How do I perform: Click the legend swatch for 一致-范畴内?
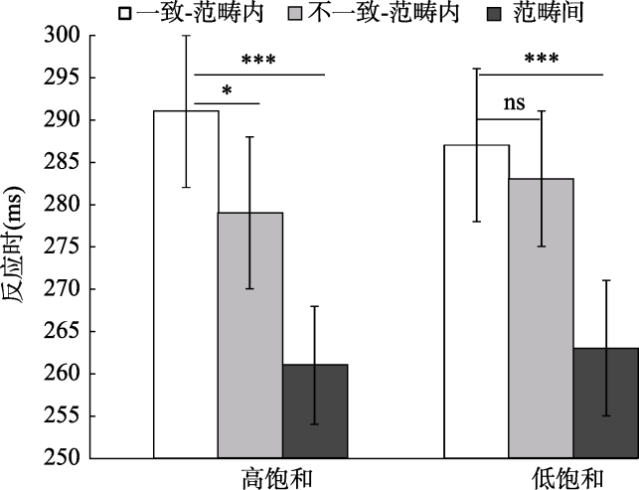pyautogui.click(x=125, y=14)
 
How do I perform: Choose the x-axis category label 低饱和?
pyautogui.click(x=564, y=477)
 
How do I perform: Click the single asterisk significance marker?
pyautogui.click(x=227, y=92)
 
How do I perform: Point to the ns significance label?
pyautogui.click(x=514, y=102)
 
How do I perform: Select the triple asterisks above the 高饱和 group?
pyautogui.click(x=256, y=60)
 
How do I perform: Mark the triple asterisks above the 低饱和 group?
pyautogui.click(x=541, y=60)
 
